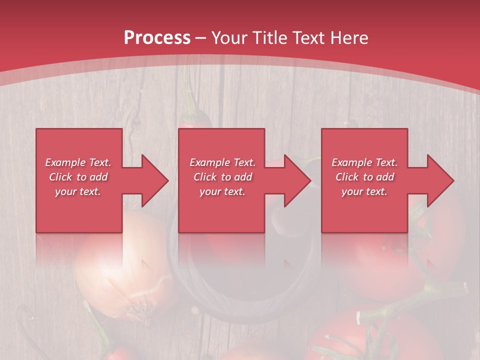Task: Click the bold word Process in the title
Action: click(157, 37)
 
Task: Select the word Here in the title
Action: click(348, 37)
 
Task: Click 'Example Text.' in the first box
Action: click(78, 162)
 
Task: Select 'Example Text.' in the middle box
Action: click(222, 162)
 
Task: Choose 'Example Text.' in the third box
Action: click(364, 162)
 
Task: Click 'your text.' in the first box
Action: click(78, 191)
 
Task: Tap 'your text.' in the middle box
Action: click(222, 191)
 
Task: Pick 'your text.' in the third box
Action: click(364, 191)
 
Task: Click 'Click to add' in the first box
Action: click(78, 177)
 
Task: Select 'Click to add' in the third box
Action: click(364, 177)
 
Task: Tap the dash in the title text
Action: click(201, 38)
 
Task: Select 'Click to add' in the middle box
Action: click(222, 177)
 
